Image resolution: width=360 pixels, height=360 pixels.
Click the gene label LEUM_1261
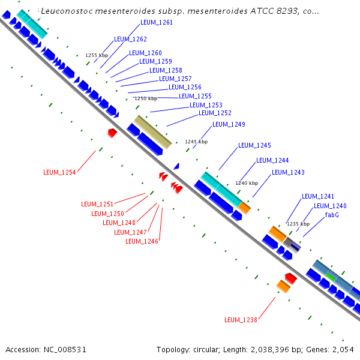click(x=156, y=23)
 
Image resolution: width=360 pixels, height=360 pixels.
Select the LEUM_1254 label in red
click(x=59, y=172)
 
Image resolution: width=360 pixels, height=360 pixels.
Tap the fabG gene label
click(x=332, y=215)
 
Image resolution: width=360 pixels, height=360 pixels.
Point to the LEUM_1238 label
click(x=241, y=320)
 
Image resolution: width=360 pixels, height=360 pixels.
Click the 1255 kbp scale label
click(x=97, y=55)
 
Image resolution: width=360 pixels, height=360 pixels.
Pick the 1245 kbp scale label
click(x=196, y=142)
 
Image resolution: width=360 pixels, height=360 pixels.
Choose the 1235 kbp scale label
click(x=298, y=224)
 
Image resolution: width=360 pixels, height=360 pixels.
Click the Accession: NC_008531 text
click(x=38, y=349)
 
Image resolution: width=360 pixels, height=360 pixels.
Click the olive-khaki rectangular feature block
click(x=152, y=132)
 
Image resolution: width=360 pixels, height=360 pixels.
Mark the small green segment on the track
click(x=330, y=277)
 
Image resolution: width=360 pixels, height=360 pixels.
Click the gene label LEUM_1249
click(x=229, y=125)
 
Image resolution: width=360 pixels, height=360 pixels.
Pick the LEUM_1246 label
click(x=142, y=241)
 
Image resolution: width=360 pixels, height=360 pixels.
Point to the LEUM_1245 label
click(x=254, y=146)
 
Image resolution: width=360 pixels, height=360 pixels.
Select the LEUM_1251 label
click(x=97, y=204)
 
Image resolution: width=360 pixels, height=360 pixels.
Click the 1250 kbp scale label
click(x=145, y=98)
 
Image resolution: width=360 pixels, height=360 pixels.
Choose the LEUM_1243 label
click(x=288, y=173)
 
